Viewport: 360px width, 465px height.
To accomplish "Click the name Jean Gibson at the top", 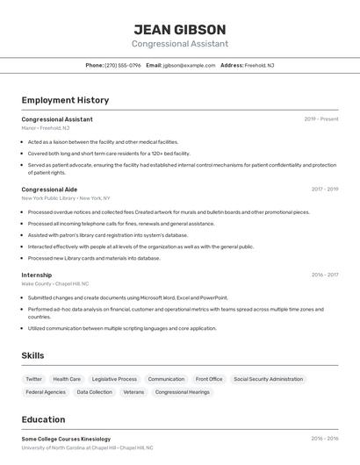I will [180, 29].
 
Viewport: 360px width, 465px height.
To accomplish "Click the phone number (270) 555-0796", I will [122, 66].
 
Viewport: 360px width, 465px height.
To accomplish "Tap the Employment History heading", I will [65, 101].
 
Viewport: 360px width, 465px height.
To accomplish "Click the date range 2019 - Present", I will [321, 119].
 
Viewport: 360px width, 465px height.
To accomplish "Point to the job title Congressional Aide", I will [49, 190].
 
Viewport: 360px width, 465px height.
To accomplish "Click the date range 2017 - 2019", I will [325, 190].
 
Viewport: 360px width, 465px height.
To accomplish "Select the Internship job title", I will [37, 275].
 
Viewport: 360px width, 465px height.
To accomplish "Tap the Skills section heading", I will [33, 355].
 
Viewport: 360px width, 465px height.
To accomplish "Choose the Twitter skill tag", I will [33, 379].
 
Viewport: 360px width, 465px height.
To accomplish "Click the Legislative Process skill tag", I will [114, 379].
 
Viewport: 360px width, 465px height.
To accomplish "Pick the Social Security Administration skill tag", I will [268, 379].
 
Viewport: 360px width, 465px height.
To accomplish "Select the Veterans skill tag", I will [133, 392].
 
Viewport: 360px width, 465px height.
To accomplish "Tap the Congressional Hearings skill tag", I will [183, 392].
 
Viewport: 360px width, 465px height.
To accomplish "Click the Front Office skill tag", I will [209, 379].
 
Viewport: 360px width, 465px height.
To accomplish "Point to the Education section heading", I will [43, 419].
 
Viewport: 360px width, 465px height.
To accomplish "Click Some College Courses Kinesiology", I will [66, 438].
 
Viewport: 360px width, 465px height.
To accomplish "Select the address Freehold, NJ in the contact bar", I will [259, 66].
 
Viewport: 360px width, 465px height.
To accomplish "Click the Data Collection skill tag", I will [95, 392].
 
